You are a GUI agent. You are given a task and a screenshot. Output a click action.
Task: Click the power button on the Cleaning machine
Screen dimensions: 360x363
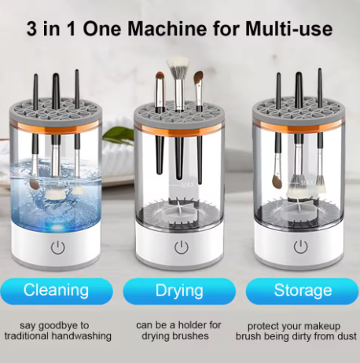58,247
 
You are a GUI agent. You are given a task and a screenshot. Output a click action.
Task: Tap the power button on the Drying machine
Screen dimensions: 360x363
182,247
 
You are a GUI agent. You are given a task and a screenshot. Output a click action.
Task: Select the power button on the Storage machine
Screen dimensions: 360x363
300,247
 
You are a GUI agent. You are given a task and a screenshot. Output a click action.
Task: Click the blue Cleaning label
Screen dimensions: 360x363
57,291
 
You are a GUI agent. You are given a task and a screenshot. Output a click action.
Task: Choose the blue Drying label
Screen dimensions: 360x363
179,291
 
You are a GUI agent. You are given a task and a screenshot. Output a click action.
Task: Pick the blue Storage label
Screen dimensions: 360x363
303,291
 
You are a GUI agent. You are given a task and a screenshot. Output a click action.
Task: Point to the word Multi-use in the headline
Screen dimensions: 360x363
289,28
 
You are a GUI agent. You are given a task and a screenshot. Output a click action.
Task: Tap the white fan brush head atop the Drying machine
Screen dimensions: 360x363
178,68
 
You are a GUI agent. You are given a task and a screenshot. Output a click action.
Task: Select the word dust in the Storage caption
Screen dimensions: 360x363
347,335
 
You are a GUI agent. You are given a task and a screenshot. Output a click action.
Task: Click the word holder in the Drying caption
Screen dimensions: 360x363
190,325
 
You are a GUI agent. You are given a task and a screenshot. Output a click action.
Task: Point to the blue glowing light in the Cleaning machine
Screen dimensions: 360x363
57,227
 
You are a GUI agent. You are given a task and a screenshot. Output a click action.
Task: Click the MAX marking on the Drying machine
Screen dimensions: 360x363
188,185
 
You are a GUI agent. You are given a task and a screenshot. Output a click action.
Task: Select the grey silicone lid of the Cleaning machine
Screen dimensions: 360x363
55,112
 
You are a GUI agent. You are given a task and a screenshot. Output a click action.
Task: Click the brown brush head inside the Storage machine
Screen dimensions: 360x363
277,181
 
